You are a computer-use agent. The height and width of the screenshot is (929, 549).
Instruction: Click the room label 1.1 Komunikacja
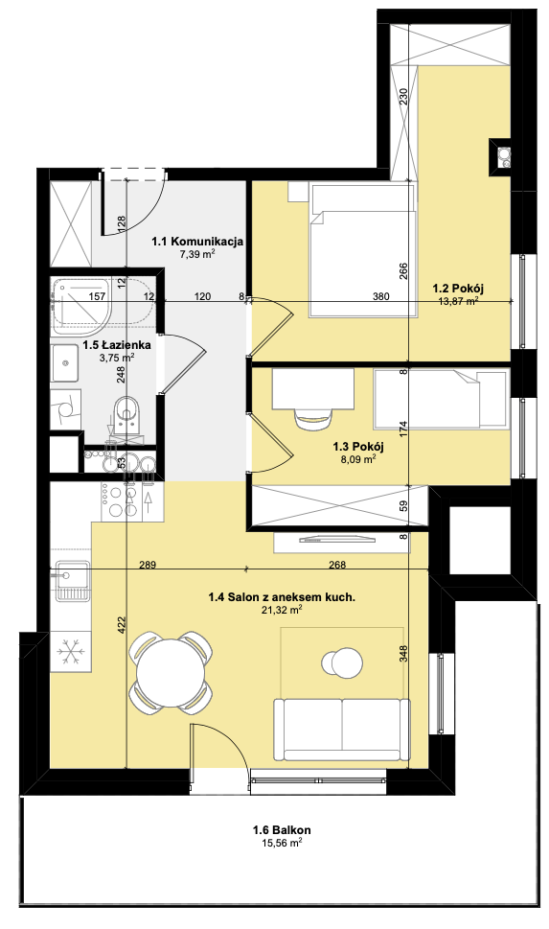[x=197, y=242]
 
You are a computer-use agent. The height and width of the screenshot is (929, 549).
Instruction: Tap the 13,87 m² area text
[x=458, y=301]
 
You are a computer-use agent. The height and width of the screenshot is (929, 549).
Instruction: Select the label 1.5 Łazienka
[x=117, y=345]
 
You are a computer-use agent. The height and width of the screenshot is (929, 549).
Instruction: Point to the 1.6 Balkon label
[x=282, y=830]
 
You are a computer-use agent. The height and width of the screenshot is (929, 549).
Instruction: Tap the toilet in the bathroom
[x=127, y=415]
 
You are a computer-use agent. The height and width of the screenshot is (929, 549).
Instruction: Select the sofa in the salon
[x=341, y=732]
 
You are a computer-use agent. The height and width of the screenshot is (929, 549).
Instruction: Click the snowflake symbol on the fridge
[x=71, y=652]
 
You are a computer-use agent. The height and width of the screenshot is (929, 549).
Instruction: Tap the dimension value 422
[x=122, y=626]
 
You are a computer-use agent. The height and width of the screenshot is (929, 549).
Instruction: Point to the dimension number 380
[x=381, y=296]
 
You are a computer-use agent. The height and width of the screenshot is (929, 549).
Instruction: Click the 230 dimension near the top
[x=403, y=96]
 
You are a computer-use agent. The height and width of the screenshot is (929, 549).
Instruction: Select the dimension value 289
[x=148, y=565]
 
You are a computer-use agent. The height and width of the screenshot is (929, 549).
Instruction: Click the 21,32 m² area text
[x=282, y=611]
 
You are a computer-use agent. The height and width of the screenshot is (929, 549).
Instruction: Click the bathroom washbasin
[x=64, y=363]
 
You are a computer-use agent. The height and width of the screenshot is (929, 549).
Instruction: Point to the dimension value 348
[x=403, y=655]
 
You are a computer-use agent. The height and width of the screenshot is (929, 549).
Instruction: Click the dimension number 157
[x=97, y=296]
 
